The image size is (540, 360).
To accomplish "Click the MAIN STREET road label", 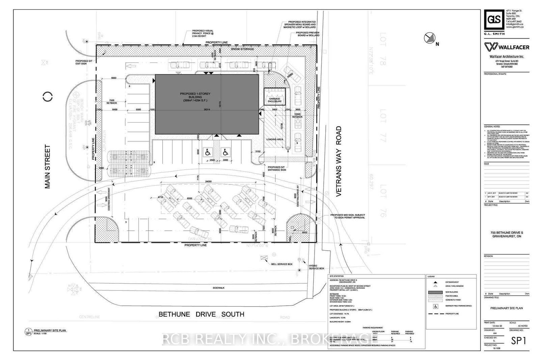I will pos(48,166).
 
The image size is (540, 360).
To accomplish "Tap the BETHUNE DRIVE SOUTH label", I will pos(201,314).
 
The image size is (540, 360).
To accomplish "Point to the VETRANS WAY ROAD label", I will pos(339,161).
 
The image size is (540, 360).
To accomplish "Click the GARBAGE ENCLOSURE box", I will pos(275,97).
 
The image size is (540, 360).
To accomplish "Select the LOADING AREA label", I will pos(275,139).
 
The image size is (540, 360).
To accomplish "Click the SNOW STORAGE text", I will pos(242,49).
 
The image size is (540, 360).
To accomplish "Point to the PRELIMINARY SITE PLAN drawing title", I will pos(506,308).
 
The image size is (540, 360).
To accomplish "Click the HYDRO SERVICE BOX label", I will pos(316,267).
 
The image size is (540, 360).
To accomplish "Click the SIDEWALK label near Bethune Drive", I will pos(218,288).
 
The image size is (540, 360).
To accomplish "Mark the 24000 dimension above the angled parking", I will pos(208,182).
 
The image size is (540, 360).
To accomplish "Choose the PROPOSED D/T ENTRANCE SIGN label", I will pos(277,169).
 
